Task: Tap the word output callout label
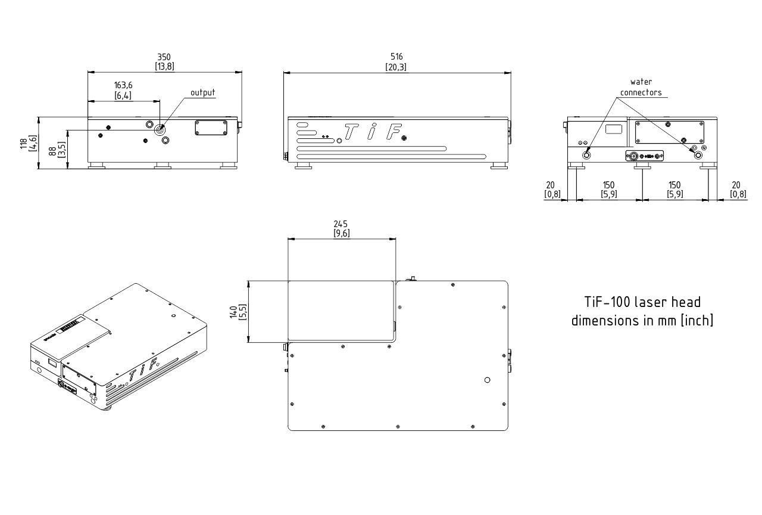click(202, 93)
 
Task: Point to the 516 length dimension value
click(396, 57)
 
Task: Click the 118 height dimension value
click(23, 143)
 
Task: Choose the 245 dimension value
click(341, 224)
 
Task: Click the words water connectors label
click(641, 87)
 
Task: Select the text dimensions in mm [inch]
click(642, 320)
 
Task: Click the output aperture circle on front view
click(160, 129)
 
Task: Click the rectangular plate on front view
click(211, 127)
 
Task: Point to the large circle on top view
click(488, 380)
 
